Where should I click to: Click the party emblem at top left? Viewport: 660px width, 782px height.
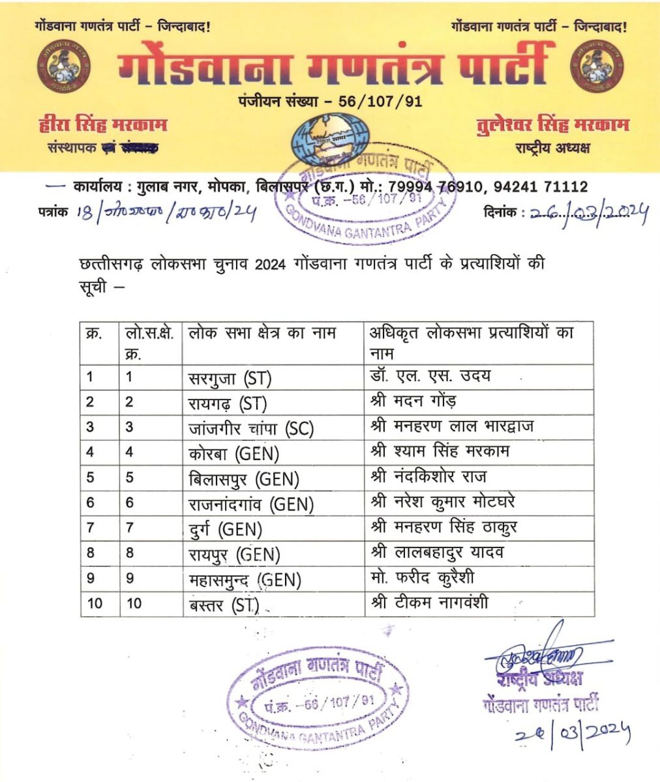tap(63, 66)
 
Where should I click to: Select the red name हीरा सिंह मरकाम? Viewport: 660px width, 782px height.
tap(103, 124)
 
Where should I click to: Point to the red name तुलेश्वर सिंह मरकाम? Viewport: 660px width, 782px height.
tap(552, 124)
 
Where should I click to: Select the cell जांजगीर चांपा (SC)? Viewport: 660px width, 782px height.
tap(250, 428)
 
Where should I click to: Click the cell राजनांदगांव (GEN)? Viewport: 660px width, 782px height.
tap(250, 504)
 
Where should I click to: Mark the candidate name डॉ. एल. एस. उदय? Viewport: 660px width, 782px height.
tap(430, 376)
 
